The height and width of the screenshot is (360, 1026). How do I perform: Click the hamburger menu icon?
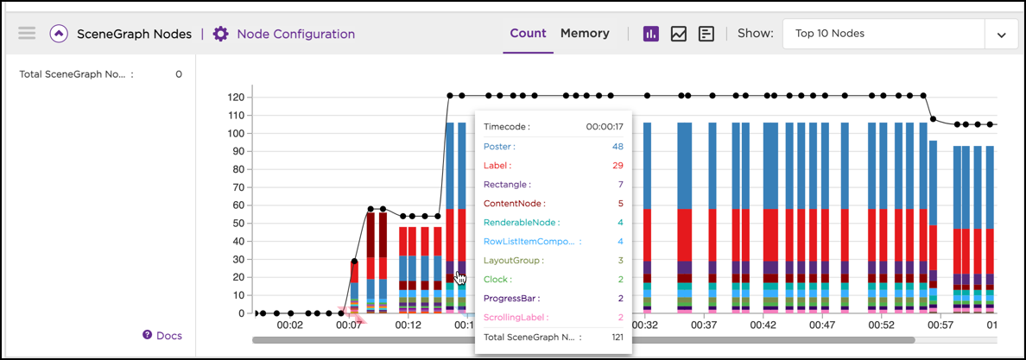click(27, 34)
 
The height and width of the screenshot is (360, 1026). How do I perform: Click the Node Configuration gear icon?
click(221, 34)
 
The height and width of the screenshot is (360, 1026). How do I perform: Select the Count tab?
click(528, 34)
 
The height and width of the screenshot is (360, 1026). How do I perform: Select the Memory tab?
click(585, 34)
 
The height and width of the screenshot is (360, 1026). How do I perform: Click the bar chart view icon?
click(651, 34)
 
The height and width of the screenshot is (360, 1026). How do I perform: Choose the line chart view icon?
click(679, 34)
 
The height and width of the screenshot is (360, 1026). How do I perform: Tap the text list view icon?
click(706, 34)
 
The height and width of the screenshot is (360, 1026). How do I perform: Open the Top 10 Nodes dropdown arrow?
click(1001, 35)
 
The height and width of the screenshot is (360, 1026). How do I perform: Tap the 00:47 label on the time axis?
click(822, 326)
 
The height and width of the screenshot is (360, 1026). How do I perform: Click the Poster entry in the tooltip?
click(497, 147)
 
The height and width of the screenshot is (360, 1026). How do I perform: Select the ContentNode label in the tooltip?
click(514, 204)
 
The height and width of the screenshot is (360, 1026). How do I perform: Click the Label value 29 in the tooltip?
click(617, 166)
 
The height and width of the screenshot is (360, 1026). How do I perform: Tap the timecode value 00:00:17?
click(605, 126)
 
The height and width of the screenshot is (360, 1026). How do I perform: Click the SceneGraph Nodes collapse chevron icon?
click(59, 34)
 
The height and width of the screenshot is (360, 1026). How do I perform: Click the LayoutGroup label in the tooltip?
click(513, 261)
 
